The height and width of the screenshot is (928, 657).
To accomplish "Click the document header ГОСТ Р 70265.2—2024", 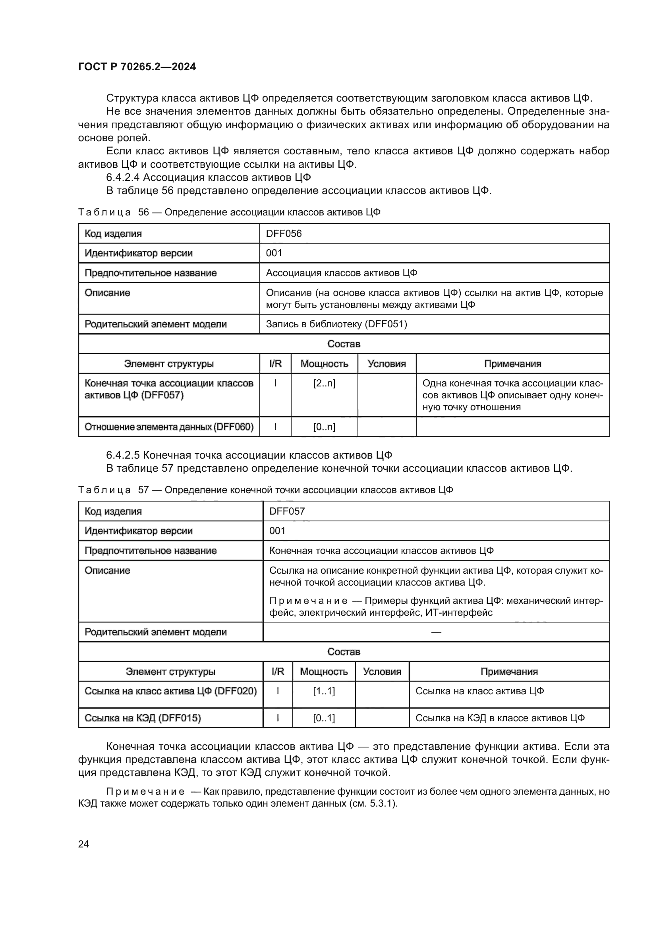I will pos(137,67).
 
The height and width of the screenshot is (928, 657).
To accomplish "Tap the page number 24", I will pos(83,844).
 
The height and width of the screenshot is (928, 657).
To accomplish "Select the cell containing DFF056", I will pos(284,234).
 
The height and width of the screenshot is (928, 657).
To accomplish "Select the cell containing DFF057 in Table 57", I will pos(287,511).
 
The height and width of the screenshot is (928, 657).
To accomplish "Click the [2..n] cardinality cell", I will pos(324,383).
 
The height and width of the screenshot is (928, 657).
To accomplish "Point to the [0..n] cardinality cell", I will pos(324,427).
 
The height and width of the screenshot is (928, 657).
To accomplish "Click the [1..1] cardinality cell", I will pos(324,691).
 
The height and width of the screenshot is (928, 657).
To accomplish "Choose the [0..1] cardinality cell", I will pos(324,718).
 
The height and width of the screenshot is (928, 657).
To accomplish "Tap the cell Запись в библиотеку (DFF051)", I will pos(336,324).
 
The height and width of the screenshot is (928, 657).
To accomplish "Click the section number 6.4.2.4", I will pos(123,177).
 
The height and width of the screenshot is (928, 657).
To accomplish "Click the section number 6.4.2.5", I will pos(123,455).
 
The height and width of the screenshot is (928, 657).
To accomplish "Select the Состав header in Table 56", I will pos(344,344).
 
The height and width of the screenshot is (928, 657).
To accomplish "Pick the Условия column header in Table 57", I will pos(382,672).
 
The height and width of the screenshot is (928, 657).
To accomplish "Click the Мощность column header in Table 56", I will pos(324,364).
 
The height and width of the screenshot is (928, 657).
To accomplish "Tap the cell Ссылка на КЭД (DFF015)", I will pos(143,718).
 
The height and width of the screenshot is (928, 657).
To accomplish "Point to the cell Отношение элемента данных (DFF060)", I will pos(169,427).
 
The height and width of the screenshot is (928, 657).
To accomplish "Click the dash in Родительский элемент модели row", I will pos(436,632).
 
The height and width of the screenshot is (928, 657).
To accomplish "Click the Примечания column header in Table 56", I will pos(512,364).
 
